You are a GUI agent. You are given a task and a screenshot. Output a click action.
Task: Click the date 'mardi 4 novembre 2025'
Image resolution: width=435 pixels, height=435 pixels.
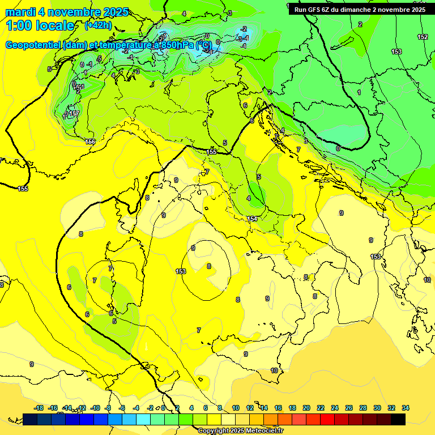coord(67,12)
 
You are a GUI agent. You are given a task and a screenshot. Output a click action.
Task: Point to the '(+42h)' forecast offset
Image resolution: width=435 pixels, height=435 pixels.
coord(97,25)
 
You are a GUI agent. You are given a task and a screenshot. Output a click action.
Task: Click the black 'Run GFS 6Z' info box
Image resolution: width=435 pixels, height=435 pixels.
coord(360,9)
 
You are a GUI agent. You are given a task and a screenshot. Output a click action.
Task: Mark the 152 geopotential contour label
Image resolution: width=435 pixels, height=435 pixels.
coord(423,37)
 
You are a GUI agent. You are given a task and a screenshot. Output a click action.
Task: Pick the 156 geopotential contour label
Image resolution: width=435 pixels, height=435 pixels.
coord(90,142)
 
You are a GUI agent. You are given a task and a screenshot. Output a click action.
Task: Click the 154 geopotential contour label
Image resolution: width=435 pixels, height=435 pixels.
coord(252,219)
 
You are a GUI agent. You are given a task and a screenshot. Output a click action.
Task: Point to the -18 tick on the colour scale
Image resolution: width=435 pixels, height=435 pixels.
coord(39,408)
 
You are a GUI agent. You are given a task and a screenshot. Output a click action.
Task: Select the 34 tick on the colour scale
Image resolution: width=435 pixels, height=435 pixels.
coord(405,408)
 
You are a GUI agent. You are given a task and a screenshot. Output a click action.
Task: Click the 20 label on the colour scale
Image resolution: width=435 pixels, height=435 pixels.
coord(306,408)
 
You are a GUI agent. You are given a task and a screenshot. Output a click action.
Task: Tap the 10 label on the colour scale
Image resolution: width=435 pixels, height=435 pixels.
coord(236,408)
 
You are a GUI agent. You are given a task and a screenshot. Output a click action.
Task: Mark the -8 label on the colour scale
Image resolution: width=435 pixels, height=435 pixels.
coord(108,408)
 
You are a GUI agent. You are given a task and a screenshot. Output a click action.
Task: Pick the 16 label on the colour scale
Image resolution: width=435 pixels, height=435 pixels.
coord(278,408)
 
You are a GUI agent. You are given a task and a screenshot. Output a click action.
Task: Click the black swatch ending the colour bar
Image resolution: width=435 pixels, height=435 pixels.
coord(398,419)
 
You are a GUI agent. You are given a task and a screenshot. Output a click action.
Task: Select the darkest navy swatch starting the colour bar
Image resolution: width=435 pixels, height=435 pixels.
coord(30,419)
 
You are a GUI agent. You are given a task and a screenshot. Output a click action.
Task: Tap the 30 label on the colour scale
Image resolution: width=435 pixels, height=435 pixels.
coord(377,408)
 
